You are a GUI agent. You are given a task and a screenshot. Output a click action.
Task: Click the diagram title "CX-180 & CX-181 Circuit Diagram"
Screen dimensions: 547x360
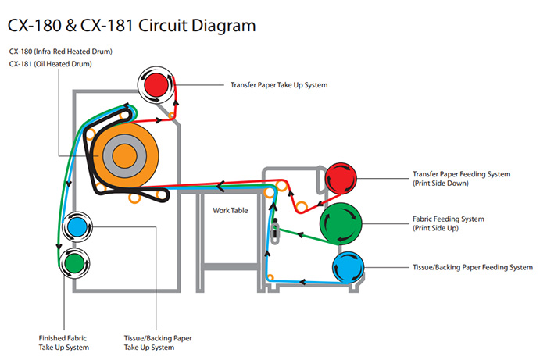[x=131, y=26]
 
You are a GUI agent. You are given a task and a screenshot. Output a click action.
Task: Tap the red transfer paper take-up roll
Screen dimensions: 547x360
[x=156, y=84]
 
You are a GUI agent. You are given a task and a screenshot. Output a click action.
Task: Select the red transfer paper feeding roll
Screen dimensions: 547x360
[x=341, y=178]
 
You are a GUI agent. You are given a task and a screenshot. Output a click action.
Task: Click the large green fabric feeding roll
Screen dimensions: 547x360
[x=341, y=223]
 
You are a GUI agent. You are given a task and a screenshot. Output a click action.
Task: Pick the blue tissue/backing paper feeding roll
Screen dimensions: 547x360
[x=348, y=267]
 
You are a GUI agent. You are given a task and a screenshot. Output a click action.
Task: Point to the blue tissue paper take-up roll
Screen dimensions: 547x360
[x=77, y=227]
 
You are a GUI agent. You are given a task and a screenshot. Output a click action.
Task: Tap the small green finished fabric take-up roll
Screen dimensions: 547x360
[x=75, y=263]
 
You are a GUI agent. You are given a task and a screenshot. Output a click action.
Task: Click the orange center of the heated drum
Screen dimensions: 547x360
[x=124, y=156]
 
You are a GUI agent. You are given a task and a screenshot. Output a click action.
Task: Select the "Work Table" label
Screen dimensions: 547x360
[x=231, y=211]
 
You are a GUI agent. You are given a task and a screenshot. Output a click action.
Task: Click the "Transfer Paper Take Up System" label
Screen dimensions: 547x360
[x=279, y=85]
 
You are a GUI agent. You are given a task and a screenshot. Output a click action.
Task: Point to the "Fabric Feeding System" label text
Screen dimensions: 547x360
[x=449, y=219]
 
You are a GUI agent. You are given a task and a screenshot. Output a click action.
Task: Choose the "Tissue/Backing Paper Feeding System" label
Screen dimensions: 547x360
[x=473, y=267]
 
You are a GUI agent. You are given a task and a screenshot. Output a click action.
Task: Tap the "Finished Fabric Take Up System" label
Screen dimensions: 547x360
[x=64, y=343]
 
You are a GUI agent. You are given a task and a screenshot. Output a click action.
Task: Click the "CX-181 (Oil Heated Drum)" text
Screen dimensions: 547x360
[x=50, y=64]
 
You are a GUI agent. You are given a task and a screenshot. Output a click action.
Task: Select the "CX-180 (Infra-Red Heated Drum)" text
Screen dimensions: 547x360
[x=61, y=52]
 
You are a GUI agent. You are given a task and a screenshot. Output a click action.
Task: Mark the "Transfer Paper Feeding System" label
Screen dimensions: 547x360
[x=462, y=174]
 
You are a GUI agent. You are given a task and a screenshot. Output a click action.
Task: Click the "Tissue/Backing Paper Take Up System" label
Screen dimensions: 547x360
[x=158, y=343]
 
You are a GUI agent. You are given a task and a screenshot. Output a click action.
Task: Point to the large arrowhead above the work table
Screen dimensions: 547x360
[x=220, y=186]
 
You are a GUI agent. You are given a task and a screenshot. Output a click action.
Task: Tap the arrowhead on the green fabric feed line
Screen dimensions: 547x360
[x=299, y=234]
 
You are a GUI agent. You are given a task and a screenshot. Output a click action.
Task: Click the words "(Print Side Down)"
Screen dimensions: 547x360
[x=441, y=184]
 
